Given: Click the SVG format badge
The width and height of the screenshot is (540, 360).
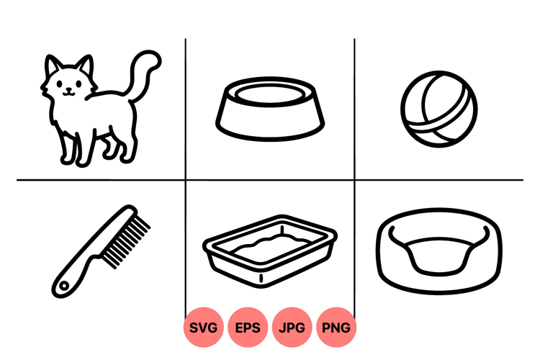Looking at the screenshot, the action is point(203,328).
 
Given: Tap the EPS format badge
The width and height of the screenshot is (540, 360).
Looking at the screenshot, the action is point(248,328).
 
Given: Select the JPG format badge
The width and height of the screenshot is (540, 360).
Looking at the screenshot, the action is point(292,328).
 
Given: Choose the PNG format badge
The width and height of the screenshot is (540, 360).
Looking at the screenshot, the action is point(336,328).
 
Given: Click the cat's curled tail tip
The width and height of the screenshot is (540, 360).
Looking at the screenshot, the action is point(154,58).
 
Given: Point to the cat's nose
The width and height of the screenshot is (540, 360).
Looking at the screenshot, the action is point(69,89).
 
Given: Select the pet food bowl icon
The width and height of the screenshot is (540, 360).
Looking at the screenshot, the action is point(270,109).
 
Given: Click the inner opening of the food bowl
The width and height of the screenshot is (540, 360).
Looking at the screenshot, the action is point(270,94).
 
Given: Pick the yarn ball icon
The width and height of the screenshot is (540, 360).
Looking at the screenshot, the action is point(438,109).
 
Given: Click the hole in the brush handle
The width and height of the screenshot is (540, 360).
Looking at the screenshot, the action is point(63,286).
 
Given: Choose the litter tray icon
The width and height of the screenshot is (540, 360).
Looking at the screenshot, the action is point(270,251).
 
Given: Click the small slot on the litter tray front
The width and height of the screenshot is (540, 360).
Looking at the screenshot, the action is point(261,278).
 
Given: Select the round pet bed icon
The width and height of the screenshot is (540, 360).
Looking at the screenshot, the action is point(438,251).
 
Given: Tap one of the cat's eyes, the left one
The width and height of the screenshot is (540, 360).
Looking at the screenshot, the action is point(60,84).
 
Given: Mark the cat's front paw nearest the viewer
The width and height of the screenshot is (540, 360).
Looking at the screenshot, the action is point(83,161).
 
